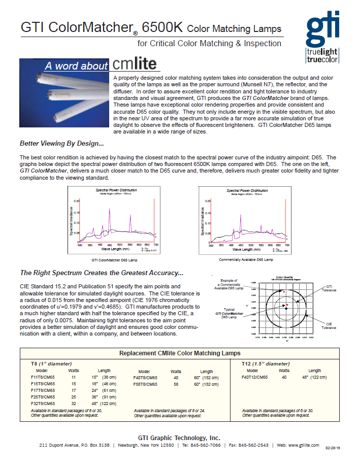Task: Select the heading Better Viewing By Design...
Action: (x=61, y=143)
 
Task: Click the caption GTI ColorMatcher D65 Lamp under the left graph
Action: (x=114, y=259)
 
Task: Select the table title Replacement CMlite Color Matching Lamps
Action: (x=180, y=353)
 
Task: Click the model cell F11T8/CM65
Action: (x=43, y=378)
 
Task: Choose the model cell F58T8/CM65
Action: (x=145, y=384)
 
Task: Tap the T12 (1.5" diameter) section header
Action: (x=266, y=363)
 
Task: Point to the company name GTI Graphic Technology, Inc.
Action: (x=179, y=438)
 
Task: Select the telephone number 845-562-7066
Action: (x=202, y=445)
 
